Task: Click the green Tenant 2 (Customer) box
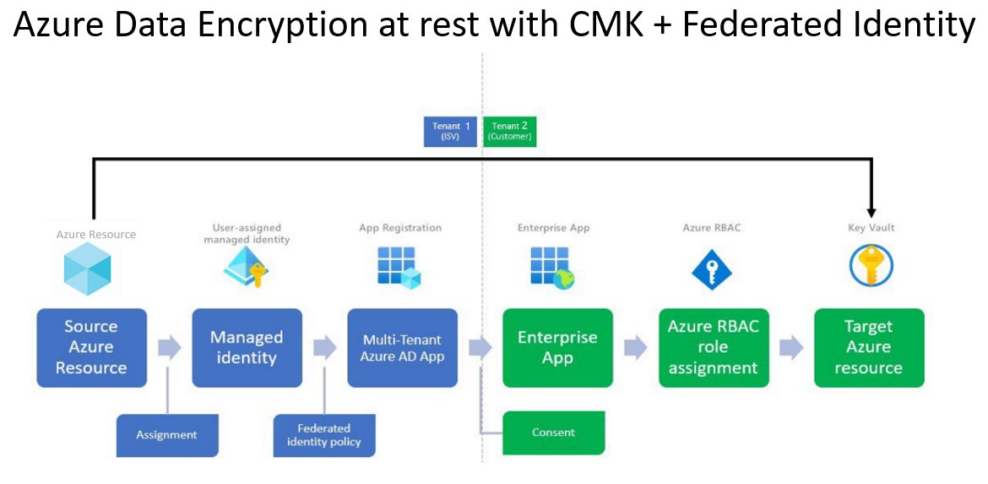[x=509, y=131]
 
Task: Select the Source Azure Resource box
[x=91, y=347]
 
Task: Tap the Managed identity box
[x=247, y=347]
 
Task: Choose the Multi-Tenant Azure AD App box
[x=402, y=347]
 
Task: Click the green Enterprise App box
[x=557, y=347]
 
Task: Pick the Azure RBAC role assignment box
[x=714, y=347]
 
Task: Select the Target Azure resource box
[x=869, y=347]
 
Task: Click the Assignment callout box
[x=166, y=435]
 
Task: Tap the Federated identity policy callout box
[x=323, y=435]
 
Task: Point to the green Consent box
[x=554, y=432]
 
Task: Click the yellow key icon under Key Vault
[x=871, y=268]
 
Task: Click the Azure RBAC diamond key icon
[x=712, y=269]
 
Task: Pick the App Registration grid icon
[x=398, y=268]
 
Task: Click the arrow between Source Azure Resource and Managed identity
[x=170, y=347]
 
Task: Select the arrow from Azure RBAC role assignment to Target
[x=791, y=347]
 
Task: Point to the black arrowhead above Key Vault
[x=871, y=213]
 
